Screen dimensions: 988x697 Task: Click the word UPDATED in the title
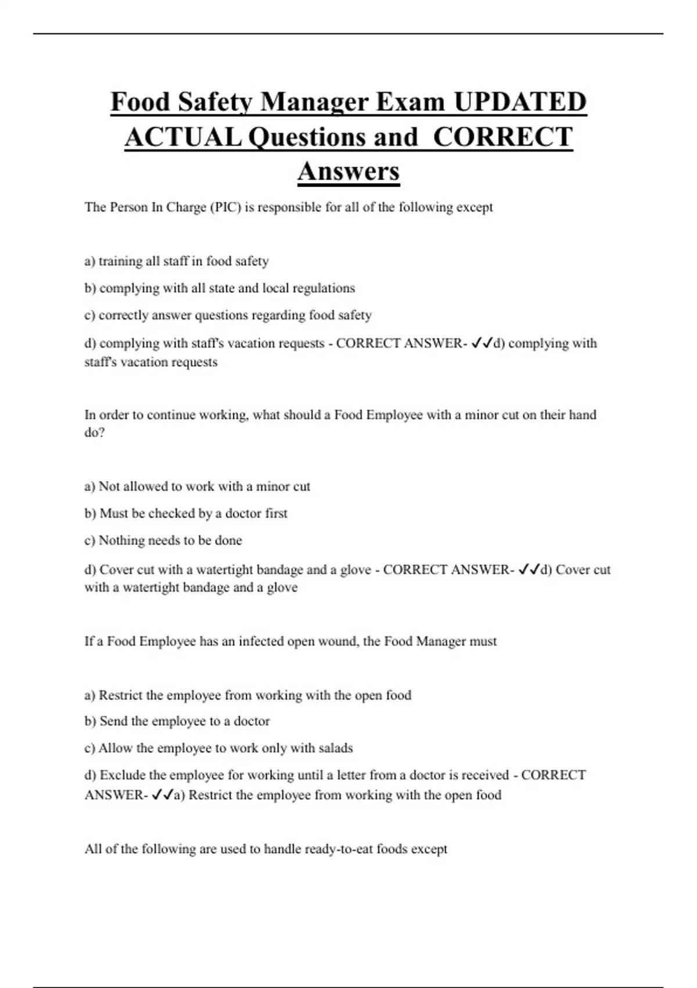click(x=520, y=102)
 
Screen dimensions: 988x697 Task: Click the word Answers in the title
click(x=348, y=171)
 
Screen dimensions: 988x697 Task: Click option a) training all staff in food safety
click(x=177, y=262)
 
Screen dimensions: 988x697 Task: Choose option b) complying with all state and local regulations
click(x=220, y=288)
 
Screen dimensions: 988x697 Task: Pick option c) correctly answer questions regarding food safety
click(x=228, y=316)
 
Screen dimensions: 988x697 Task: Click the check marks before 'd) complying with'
click(x=482, y=343)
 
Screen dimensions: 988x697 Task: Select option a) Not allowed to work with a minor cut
click(x=197, y=486)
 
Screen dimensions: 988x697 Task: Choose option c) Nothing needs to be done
click(x=163, y=540)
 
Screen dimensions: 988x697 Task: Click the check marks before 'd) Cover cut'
click(x=529, y=570)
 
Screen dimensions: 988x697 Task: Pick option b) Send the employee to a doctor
click(x=177, y=721)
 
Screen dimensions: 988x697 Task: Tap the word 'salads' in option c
click(x=336, y=749)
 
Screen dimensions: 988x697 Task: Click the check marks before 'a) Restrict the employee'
click(x=162, y=795)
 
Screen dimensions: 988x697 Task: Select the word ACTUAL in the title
click(x=184, y=137)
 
